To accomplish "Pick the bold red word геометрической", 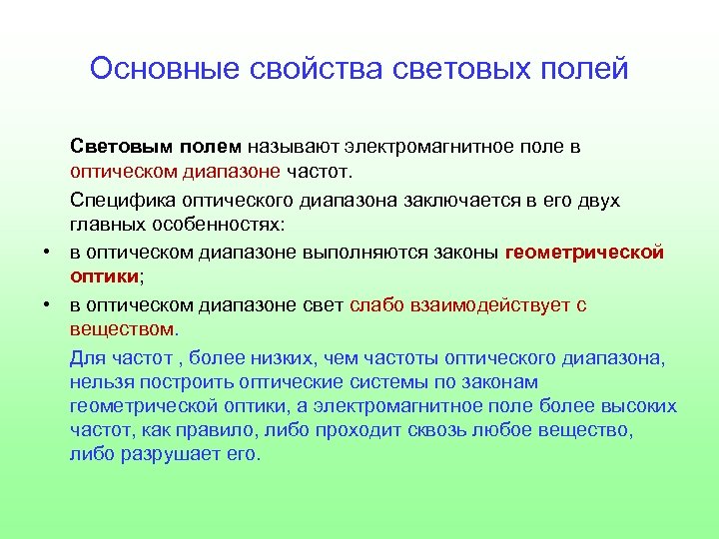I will [x=585, y=253].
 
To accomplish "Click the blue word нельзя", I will [x=100, y=382].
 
